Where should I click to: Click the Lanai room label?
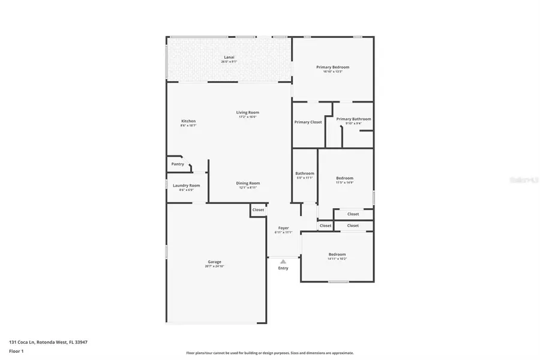tap(229, 57)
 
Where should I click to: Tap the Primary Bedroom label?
tap(332, 67)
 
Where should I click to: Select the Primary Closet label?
tap(308, 122)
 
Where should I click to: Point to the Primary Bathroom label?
tap(353, 119)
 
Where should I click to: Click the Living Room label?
tap(247, 112)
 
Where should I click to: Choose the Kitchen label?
tap(188, 121)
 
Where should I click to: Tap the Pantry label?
tap(178, 164)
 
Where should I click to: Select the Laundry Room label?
tap(186, 185)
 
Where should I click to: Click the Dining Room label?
tap(247, 183)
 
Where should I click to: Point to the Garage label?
tap(215, 262)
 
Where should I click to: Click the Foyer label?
tap(283, 228)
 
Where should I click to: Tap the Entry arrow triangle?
tap(283, 262)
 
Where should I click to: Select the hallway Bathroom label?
tap(305, 173)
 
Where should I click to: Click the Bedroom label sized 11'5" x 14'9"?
tap(344, 178)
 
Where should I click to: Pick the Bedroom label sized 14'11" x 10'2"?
tap(337, 254)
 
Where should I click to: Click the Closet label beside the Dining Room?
tap(258, 210)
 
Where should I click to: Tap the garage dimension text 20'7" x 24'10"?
tap(215, 266)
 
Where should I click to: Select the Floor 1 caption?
tap(16, 350)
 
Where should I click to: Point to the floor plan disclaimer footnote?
tap(270, 353)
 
